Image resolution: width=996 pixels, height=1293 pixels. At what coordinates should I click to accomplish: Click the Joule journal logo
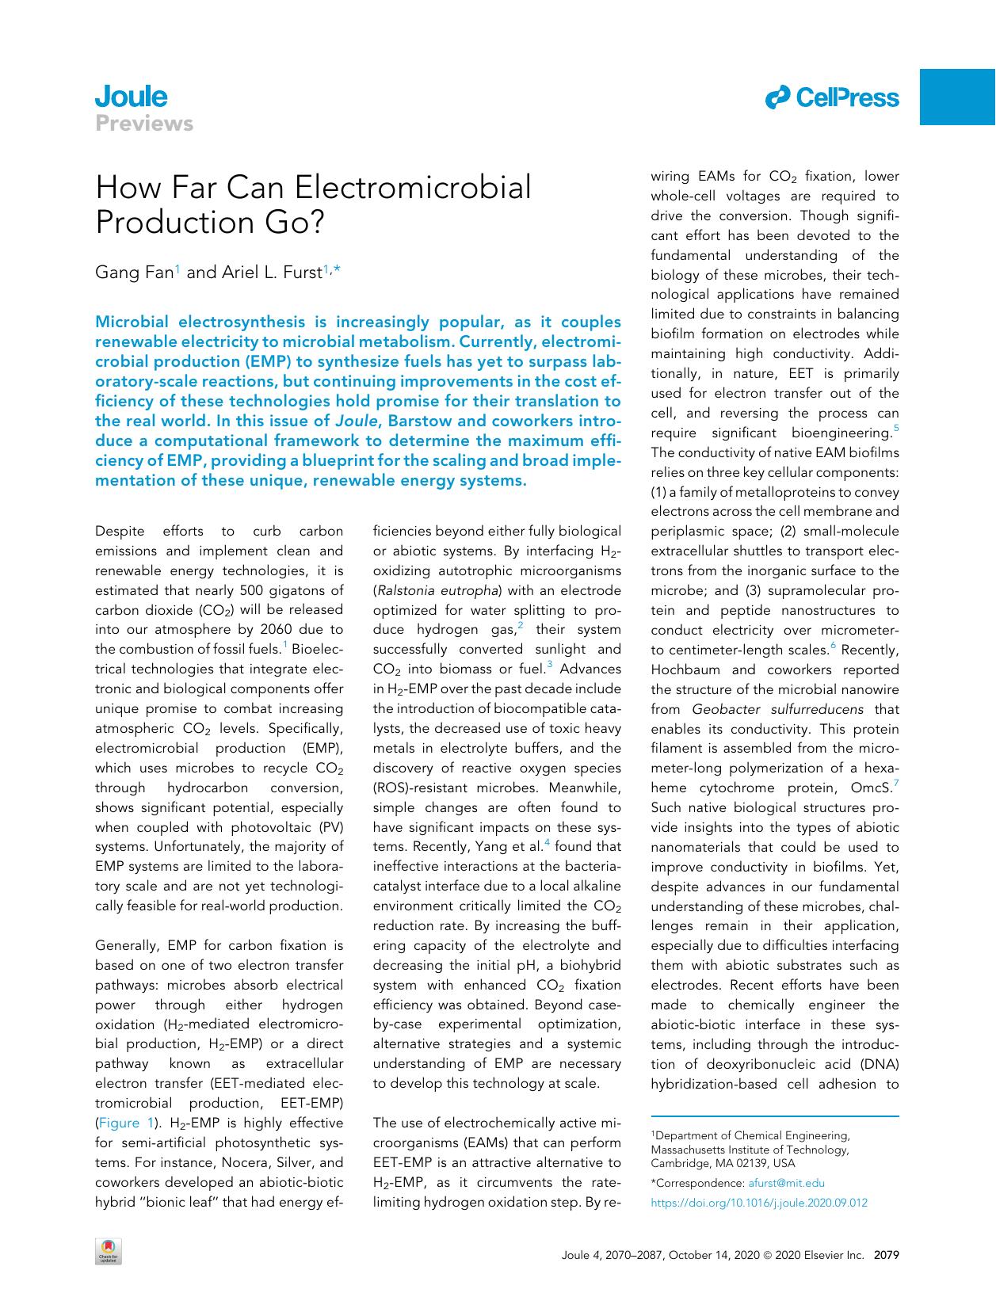click(131, 97)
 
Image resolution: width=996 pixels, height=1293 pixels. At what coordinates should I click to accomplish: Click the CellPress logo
click(831, 98)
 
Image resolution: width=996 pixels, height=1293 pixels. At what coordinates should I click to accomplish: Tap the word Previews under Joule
click(143, 124)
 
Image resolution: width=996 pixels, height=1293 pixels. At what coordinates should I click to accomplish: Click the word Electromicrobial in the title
click(413, 188)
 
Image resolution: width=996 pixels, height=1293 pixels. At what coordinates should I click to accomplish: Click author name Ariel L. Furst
click(270, 273)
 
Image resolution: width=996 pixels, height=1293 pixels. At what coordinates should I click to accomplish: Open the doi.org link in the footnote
click(758, 1203)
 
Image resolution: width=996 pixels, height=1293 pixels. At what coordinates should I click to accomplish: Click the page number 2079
click(885, 1255)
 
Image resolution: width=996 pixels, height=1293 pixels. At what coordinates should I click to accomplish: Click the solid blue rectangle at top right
click(957, 97)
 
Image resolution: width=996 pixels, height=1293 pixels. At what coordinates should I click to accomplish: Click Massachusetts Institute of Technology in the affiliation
click(750, 1150)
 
